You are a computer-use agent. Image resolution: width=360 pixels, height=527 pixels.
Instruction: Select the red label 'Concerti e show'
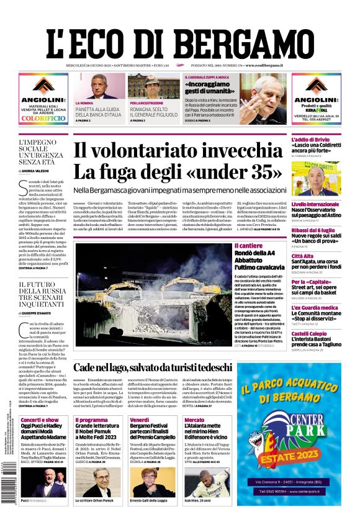(39, 420)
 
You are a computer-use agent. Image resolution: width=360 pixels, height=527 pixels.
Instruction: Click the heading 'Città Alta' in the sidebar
(303, 256)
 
